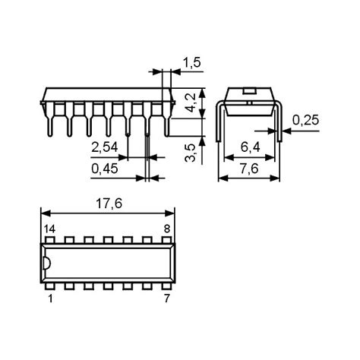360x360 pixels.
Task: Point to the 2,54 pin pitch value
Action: (106, 146)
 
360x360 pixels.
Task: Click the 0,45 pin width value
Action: (106, 170)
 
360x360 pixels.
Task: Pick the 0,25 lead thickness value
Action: (305, 120)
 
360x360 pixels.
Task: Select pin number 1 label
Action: (50, 300)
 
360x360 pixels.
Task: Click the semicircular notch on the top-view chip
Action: (47, 264)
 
